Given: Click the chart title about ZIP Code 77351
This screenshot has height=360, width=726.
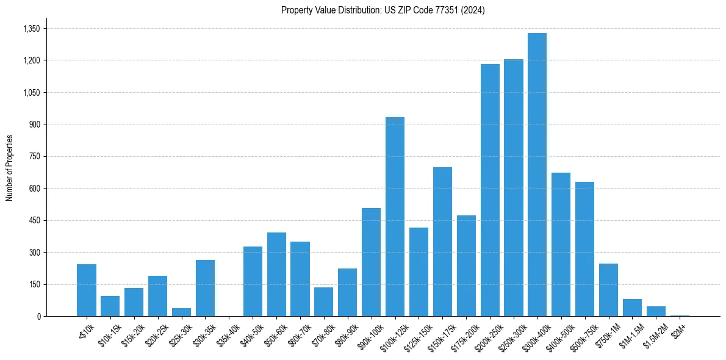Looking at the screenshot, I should click(383, 10).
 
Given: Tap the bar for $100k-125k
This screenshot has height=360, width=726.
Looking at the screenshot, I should click(395, 217).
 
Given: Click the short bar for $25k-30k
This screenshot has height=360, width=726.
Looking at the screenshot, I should click(181, 312).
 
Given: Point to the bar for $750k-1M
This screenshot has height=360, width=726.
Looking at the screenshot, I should click(609, 290).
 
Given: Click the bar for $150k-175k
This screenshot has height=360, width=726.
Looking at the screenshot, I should click(442, 242).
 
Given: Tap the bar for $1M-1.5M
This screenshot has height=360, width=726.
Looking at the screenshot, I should click(633, 308).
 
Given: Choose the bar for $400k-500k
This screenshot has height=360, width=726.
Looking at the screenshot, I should click(561, 244).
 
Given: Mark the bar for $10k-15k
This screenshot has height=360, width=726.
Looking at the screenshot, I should click(110, 306).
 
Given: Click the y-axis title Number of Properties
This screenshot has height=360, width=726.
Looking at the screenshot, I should click(10, 168).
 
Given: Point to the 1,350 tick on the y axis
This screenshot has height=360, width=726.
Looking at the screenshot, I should click(31, 29).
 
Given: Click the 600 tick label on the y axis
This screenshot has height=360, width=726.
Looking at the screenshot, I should click(34, 189).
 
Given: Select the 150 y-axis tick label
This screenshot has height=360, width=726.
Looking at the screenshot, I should click(34, 284).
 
